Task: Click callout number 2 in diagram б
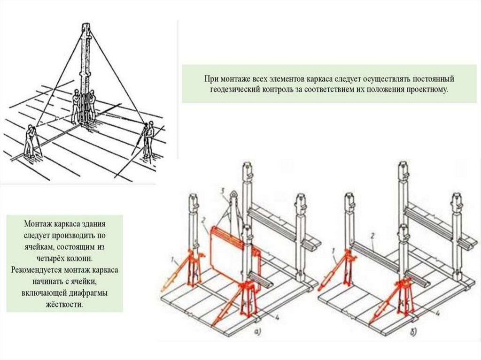pos(372,235)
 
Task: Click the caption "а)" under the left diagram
pos(258,332)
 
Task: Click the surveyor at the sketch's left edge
pos(31,140)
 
